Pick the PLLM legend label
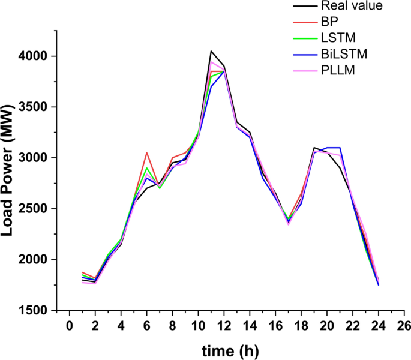pyautogui.click(x=338, y=71)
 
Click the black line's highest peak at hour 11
pyautogui.click(x=211, y=52)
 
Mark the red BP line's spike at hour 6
pyautogui.click(x=147, y=153)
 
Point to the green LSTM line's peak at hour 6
pyautogui.click(x=147, y=168)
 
